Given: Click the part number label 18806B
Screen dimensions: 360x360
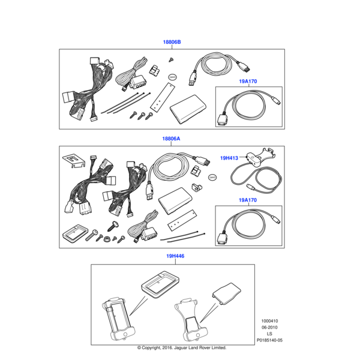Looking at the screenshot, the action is point(172,42).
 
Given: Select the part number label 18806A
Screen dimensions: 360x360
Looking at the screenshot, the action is point(171,139).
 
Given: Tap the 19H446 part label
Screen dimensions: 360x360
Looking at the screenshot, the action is point(175,256).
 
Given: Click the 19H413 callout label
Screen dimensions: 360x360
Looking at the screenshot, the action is point(229,158).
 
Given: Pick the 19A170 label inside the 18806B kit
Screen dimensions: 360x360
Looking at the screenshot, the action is point(248,81).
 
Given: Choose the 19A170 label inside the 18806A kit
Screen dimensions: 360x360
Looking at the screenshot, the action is point(248,200).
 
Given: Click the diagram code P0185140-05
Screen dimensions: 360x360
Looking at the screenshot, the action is point(269,340).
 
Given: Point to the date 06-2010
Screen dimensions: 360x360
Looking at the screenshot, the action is point(269,328).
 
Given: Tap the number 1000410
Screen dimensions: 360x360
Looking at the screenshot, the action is point(269,321).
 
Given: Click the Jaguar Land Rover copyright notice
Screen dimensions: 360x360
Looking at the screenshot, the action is point(182,348).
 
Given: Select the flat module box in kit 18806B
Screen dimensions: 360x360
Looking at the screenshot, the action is point(188,109).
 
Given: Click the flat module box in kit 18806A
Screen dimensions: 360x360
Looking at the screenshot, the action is point(175,200).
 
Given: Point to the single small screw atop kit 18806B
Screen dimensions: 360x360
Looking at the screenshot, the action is point(171,59).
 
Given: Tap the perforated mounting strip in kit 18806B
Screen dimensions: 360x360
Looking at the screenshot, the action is point(163,97).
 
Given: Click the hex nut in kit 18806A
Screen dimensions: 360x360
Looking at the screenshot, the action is point(107,238).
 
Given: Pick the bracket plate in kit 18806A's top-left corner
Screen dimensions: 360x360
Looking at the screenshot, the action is point(74,160).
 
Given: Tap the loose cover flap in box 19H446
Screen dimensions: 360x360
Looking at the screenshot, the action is point(226,293).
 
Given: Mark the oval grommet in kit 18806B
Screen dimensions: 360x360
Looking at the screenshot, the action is point(173,77).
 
